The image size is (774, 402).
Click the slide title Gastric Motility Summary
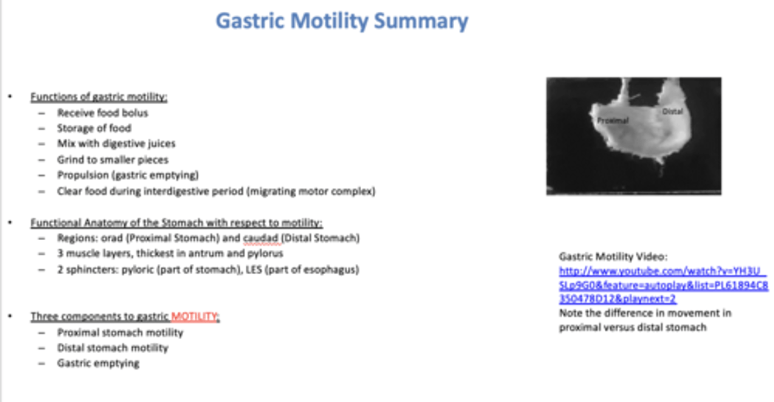pyautogui.click(x=342, y=21)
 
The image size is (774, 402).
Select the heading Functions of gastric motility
pyautogui.click(x=99, y=97)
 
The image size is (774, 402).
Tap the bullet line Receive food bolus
pyautogui.click(x=102, y=113)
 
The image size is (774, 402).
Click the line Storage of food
pyautogui.click(x=94, y=128)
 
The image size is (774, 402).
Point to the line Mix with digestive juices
pyautogui.click(x=116, y=143)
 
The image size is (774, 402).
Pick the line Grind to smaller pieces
pyautogui.click(x=113, y=160)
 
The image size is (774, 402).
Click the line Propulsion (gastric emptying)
pyautogui.click(x=128, y=175)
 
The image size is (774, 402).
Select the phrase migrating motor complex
pyautogui.click(x=311, y=191)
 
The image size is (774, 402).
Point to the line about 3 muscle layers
pyautogui.click(x=170, y=254)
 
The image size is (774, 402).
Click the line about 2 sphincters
pyautogui.click(x=207, y=270)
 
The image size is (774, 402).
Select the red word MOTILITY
pyautogui.click(x=194, y=317)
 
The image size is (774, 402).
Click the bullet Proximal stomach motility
pyautogui.click(x=120, y=333)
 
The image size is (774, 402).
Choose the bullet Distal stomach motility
pyautogui.click(x=112, y=348)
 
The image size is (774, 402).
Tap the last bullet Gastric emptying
pyautogui.click(x=98, y=364)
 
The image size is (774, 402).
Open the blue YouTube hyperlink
pyautogui.click(x=663, y=285)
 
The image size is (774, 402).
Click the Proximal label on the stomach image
pyautogui.click(x=613, y=121)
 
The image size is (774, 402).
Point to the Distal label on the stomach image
pyautogui.click(x=672, y=112)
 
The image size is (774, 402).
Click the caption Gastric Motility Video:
pyautogui.click(x=613, y=257)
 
